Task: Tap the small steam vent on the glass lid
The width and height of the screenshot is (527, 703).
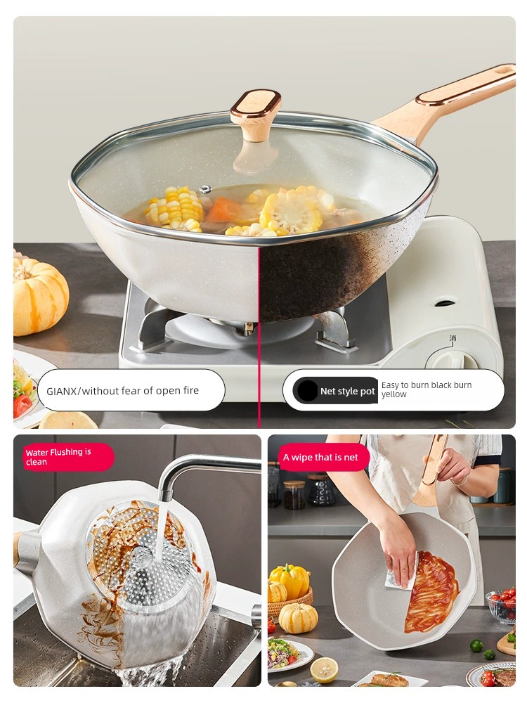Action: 206,189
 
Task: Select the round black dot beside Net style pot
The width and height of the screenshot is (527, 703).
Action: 308,390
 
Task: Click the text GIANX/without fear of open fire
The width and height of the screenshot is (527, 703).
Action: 123,390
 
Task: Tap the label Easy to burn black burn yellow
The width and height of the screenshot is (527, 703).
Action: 427,389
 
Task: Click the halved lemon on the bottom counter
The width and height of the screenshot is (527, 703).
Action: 323,670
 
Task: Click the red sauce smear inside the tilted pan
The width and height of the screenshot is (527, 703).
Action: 431,592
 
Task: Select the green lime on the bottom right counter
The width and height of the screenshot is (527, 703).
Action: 476,645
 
